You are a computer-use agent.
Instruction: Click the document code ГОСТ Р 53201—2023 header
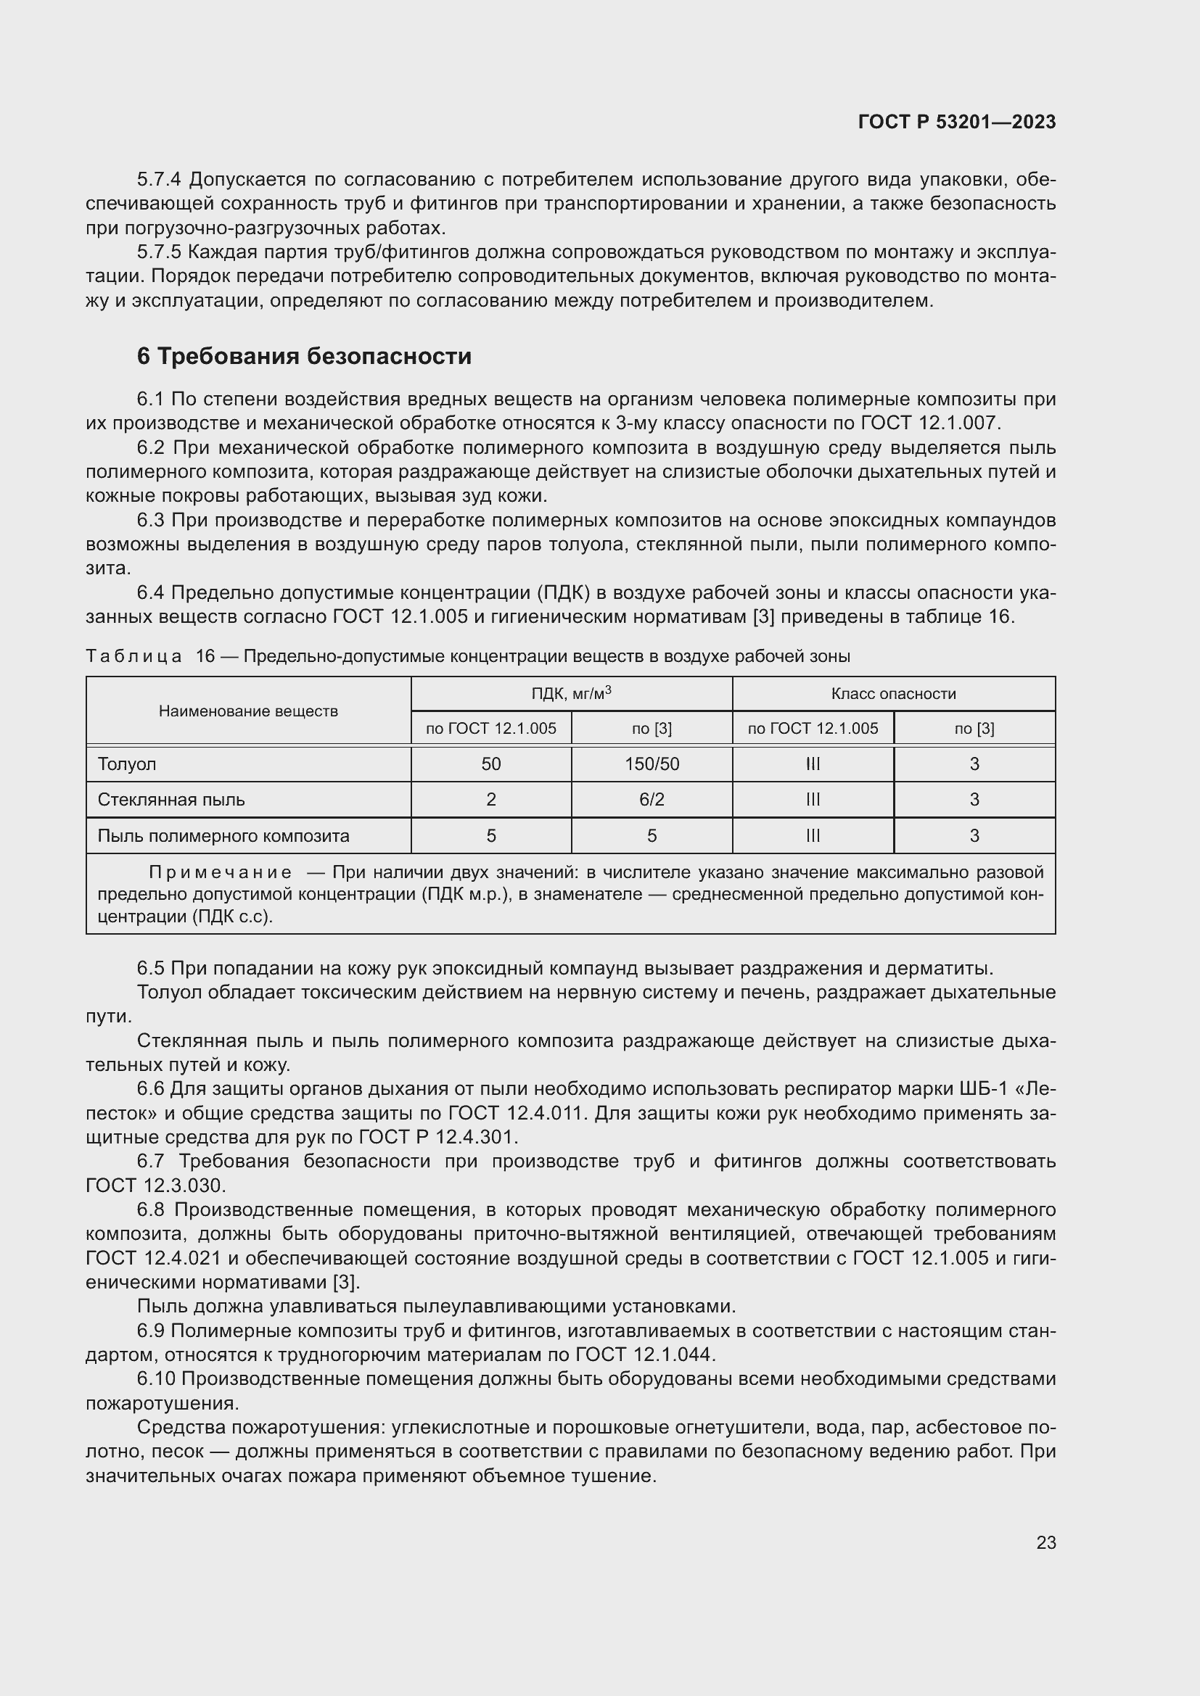point(956,122)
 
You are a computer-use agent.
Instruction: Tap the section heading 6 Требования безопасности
point(304,356)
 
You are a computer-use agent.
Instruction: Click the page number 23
point(1045,1542)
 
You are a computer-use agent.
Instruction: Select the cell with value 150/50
point(652,764)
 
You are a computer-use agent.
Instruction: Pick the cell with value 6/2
point(652,799)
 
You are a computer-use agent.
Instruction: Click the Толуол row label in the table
point(127,764)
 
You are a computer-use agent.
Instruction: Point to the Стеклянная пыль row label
point(171,799)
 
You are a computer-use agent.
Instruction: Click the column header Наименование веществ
point(248,711)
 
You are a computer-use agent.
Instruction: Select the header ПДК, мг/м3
point(571,693)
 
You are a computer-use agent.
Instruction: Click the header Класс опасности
point(892,693)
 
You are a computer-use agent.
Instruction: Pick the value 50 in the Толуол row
point(490,764)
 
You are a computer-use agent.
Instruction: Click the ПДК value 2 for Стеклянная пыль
point(490,799)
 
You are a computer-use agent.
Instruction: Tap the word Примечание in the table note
point(221,872)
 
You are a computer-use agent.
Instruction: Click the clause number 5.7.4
point(159,180)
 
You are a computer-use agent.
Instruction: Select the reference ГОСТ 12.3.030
point(155,1186)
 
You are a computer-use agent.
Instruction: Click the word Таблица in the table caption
point(133,656)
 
